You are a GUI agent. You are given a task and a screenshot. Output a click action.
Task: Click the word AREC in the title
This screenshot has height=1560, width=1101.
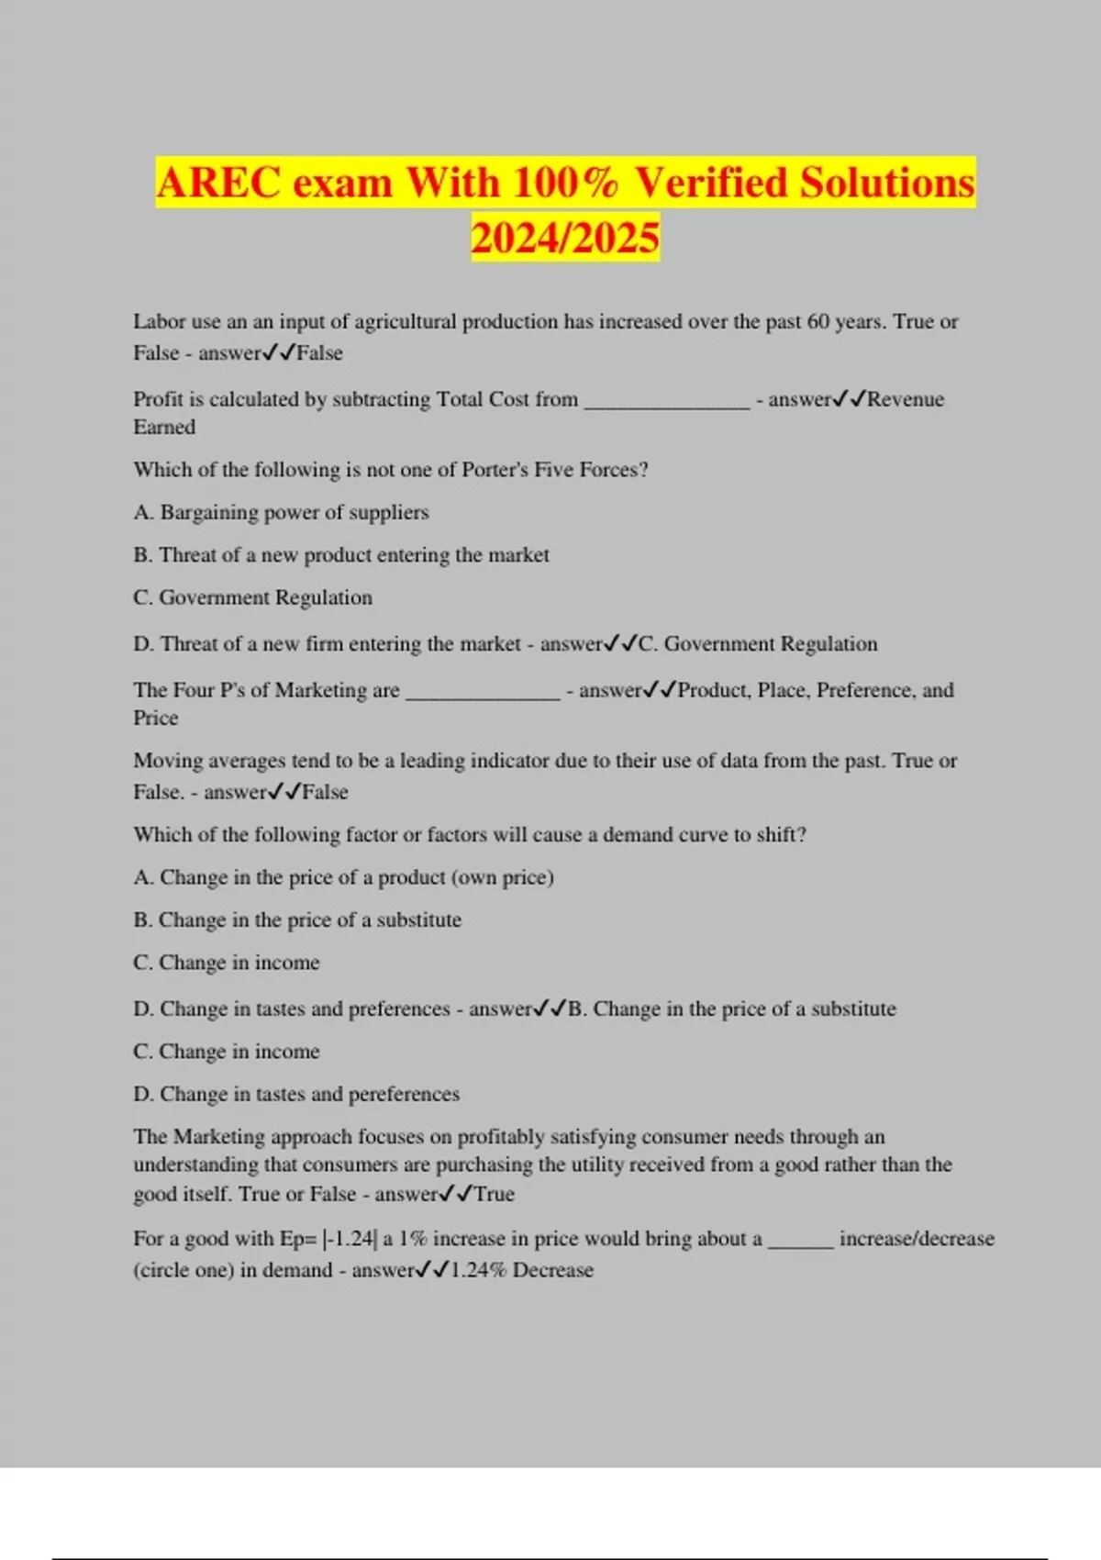[x=218, y=183]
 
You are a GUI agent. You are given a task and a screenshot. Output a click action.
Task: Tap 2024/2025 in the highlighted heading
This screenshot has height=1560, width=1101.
[x=565, y=237]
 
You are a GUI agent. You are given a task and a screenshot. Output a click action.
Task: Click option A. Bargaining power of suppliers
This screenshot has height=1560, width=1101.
[x=281, y=512]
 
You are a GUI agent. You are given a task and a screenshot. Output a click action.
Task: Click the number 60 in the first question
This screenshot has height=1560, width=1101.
[x=817, y=322]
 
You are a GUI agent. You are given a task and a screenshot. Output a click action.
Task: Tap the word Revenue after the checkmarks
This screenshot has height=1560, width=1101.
[x=906, y=399]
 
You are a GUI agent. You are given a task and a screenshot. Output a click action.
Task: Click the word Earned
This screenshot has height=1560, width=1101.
[x=164, y=428]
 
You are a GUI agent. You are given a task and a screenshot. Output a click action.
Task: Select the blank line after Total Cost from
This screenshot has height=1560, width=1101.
[x=667, y=401]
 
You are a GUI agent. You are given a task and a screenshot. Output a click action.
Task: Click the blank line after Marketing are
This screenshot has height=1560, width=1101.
[x=483, y=692]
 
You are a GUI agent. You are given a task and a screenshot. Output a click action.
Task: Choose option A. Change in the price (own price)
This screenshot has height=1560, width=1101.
[x=343, y=877]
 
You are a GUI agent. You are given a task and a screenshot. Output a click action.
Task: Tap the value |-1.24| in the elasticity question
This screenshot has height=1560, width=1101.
[x=349, y=1239]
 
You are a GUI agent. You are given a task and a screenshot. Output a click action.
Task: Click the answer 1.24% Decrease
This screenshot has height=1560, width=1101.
[x=521, y=1270]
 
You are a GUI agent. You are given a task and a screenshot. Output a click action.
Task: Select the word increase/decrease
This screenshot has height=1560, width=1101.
[x=917, y=1239]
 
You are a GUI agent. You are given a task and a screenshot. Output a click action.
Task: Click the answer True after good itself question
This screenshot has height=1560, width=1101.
[x=494, y=1194]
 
